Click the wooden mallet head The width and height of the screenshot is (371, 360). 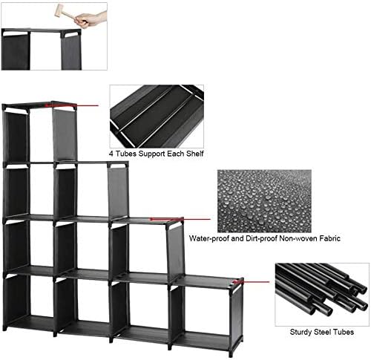coord(59,11)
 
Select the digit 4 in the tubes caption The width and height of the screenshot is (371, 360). coord(111,154)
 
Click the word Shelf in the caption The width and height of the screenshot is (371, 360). coord(195,154)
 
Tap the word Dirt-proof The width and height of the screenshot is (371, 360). coord(261,238)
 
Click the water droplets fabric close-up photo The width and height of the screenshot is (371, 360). coord(264,201)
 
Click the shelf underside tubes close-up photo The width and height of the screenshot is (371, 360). coord(157,117)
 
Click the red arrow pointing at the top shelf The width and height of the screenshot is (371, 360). coord(72,105)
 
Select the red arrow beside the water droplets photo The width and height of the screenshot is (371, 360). coord(180,219)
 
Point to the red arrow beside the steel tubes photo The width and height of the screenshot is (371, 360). coord(252,282)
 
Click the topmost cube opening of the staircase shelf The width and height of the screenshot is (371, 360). coord(41,135)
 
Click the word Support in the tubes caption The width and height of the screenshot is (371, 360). coord(152,154)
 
